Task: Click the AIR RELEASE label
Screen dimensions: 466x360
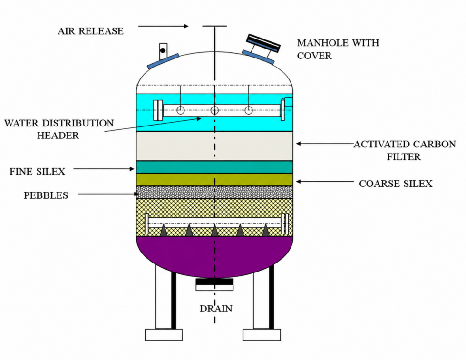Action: tap(91, 31)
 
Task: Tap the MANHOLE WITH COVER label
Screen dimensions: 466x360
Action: tap(338, 49)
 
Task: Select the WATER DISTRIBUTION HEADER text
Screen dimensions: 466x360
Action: tap(59, 129)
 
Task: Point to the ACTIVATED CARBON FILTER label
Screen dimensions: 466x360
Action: tap(405, 150)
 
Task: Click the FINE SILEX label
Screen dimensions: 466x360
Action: tap(38, 172)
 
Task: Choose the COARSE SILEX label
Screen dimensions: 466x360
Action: tap(396, 184)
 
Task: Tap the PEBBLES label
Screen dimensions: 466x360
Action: tap(46, 195)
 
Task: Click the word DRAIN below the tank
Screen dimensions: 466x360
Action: tap(216, 309)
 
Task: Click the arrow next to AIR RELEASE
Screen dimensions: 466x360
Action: tap(164, 26)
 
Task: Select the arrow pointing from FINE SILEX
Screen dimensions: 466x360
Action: tap(104, 169)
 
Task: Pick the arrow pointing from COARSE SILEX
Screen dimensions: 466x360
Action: tap(325, 181)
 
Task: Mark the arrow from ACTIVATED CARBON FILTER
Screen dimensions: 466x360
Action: tap(325, 144)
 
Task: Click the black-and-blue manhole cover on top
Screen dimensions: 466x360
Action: tap(263, 43)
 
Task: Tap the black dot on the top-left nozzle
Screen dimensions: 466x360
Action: tap(163, 50)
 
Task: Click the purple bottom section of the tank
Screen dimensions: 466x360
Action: tap(214, 256)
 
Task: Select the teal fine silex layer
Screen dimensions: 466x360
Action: tap(214, 167)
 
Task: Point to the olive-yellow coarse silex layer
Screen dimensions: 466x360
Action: tap(214, 180)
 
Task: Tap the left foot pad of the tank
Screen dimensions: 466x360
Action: tap(164, 335)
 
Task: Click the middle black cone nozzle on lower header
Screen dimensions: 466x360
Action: tap(214, 230)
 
